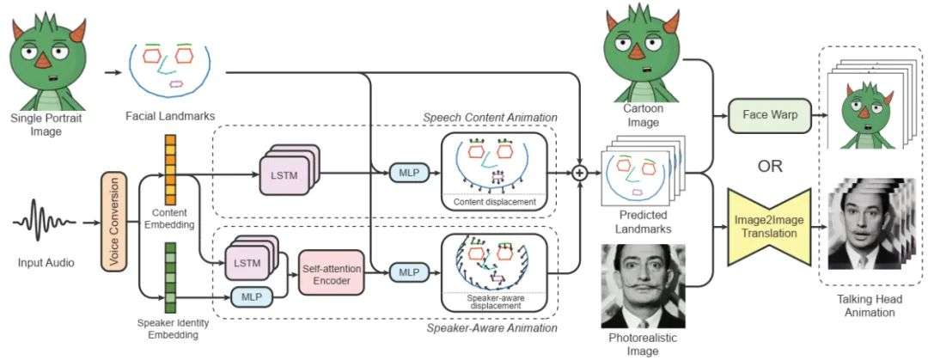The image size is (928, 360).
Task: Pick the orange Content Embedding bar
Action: pos(169,170)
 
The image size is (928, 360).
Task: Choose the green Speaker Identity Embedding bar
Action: pos(170,277)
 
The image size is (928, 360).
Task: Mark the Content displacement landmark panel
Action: pos(493,171)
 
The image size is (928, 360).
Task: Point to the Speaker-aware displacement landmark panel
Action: pos(493,271)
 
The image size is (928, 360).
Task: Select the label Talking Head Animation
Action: pos(866,306)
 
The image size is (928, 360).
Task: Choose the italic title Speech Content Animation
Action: pos(490,117)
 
